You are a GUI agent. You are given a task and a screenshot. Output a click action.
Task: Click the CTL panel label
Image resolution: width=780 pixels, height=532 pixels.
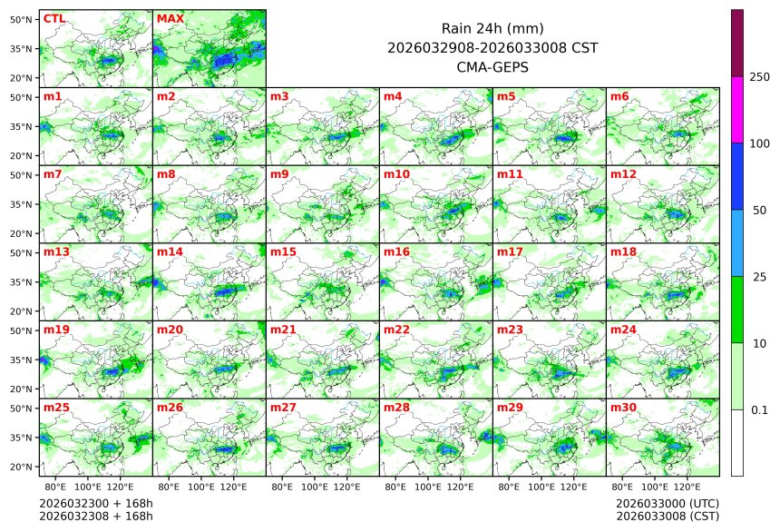tap(54, 18)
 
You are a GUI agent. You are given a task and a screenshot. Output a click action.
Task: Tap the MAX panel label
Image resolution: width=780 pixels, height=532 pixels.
tap(170, 18)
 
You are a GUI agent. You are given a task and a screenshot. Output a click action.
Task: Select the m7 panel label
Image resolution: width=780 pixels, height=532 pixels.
tap(53, 173)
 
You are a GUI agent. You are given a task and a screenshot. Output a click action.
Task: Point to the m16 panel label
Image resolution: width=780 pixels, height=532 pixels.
tap(396, 251)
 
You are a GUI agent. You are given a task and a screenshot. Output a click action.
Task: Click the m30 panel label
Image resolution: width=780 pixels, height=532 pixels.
tap(623, 408)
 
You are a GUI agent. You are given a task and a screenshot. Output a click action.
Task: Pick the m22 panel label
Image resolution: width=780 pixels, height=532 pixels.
tap(396, 330)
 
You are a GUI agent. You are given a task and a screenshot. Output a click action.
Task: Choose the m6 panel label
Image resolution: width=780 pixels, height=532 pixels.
tap(619, 96)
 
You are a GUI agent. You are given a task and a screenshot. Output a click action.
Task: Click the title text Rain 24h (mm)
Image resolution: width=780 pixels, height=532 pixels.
tap(492, 29)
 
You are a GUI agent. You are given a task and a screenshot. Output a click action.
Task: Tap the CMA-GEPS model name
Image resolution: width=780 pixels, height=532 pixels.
tap(492, 67)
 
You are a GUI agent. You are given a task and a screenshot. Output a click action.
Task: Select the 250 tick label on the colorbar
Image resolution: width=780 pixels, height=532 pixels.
tap(760, 77)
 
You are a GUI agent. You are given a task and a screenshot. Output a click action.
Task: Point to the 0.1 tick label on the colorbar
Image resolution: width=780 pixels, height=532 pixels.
tap(759, 409)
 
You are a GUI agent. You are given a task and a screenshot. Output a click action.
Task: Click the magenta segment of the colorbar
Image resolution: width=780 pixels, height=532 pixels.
tap(737, 109)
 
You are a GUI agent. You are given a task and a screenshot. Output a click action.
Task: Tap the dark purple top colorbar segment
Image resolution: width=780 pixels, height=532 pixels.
tap(737, 43)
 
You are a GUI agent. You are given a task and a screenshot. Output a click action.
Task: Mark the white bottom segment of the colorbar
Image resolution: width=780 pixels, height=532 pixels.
tap(737, 442)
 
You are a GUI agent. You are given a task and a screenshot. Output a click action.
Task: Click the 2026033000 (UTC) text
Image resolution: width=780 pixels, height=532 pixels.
tap(667, 503)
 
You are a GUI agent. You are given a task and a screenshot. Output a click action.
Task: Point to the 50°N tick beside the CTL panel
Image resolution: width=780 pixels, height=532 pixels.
tap(22, 19)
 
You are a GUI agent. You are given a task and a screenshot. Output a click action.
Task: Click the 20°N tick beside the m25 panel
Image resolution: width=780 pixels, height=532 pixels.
tap(22, 467)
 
